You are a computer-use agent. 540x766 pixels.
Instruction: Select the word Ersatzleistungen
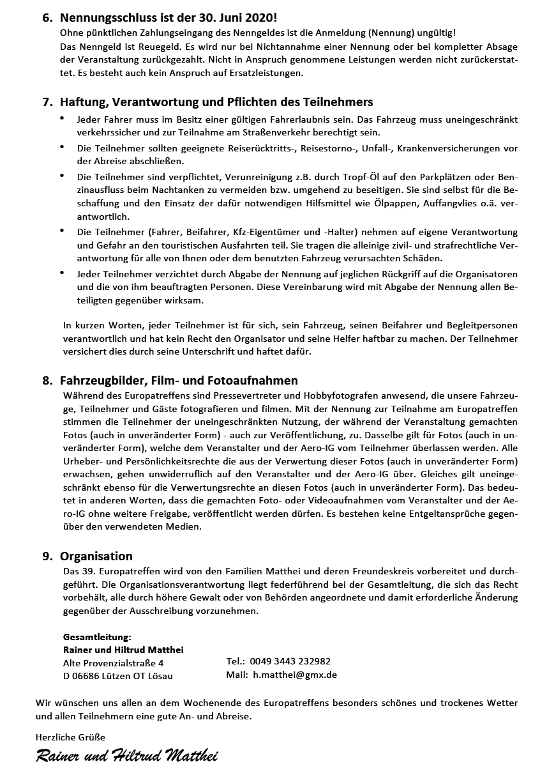[x=265, y=73]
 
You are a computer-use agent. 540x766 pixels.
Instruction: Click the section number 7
[x=47, y=102]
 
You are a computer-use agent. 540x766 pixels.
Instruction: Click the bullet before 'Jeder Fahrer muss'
[x=62, y=119]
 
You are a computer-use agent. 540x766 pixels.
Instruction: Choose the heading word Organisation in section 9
[x=96, y=556]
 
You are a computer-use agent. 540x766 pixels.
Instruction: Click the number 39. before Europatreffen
[x=90, y=571]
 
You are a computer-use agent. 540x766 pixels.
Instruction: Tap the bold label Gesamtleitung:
[x=97, y=637]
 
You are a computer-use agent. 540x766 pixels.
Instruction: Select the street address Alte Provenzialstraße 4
[x=113, y=663]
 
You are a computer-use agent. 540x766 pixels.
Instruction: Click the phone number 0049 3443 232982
[x=290, y=661]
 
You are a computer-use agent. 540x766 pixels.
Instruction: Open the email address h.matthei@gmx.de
[x=294, y=674]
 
